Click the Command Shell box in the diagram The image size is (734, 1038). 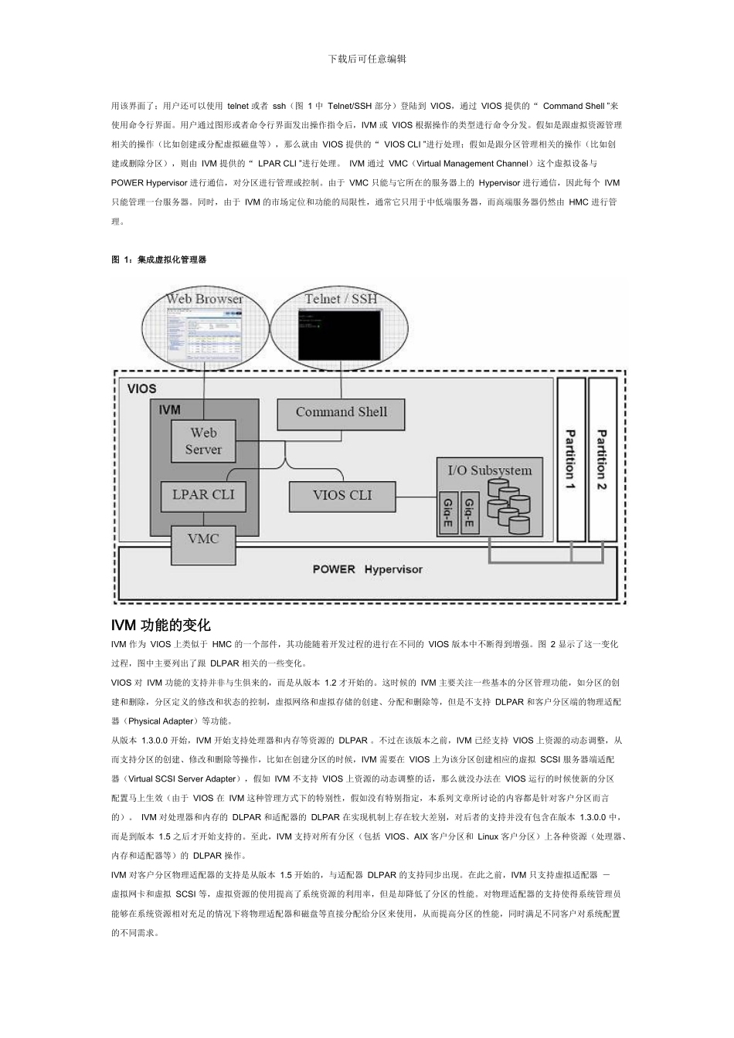(341, 413)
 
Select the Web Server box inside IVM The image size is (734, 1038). (203, 441)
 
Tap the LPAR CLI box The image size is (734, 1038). (203, 495)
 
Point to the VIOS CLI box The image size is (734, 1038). (342, 496)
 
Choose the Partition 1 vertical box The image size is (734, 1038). (571, 460)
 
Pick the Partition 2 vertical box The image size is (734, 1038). (603, 460)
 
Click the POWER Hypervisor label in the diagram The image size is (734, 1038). (368, 570)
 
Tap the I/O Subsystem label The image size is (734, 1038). (490, 470)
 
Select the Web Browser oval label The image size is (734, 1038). (204, 299)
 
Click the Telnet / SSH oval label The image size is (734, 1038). (341, 299)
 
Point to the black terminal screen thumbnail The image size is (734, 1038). (341, 334)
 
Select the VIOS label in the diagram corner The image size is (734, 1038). (141, 388)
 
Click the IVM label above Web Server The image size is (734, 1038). (169, 410)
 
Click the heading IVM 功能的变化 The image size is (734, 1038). (161, 625)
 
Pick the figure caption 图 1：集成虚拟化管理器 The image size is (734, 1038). (159, 260)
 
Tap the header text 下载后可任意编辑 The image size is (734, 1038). (367, 59)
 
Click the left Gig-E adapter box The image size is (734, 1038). (447, 512)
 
